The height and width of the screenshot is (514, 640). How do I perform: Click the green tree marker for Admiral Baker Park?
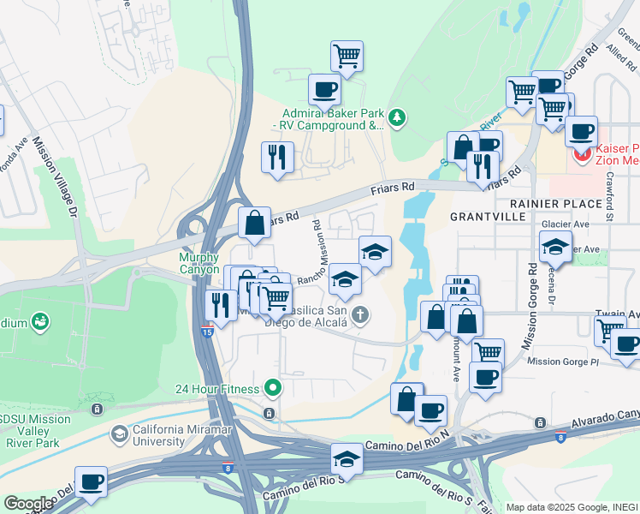click(396, 117)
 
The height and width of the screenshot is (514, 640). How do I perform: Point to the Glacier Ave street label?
click(566, 224)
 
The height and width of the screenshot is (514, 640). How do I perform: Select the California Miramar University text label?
click(158, 435)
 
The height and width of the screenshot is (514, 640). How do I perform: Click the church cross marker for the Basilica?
click(360, 314)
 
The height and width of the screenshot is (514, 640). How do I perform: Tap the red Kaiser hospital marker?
click(583, 154)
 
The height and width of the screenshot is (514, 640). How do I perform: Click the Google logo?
click(27, 504)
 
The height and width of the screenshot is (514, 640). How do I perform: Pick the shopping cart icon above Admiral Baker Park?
click(347, 56)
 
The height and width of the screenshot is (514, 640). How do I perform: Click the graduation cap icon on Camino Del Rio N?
click(347, 457)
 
